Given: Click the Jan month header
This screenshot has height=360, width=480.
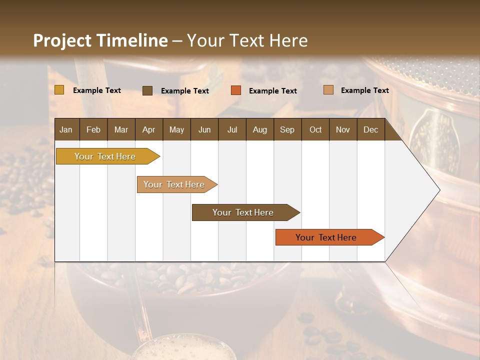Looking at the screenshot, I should [x=66, y=130].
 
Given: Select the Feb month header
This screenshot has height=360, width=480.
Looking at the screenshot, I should [x=93, y=130].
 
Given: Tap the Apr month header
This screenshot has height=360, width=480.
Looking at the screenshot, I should [x=148, y=130].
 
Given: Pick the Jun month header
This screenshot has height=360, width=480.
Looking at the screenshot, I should [x=204, y=130].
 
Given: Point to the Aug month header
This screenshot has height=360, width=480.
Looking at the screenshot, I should [x=259, y=130].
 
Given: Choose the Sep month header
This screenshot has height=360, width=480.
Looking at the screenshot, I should [x=287, y=130].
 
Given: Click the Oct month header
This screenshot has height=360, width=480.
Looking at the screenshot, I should [x=315, y=130].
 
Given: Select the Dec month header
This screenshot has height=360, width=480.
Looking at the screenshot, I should [x=370, y=130].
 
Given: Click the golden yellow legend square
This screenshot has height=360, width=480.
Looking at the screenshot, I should [x=59, y=90].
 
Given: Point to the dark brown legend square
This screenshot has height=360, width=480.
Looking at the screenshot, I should [x=147, y=90].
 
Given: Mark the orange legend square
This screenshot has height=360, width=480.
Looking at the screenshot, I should [x=236, y=90].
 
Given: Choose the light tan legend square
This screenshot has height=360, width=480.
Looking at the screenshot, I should [x=328, y=90].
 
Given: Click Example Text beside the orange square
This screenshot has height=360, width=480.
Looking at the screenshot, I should [x=272, y=91].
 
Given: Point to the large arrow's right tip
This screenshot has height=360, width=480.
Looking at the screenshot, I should [x=439, y=190].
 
